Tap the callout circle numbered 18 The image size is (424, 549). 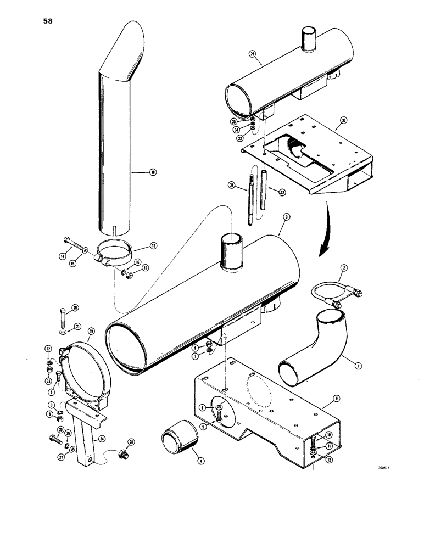point(153,172)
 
